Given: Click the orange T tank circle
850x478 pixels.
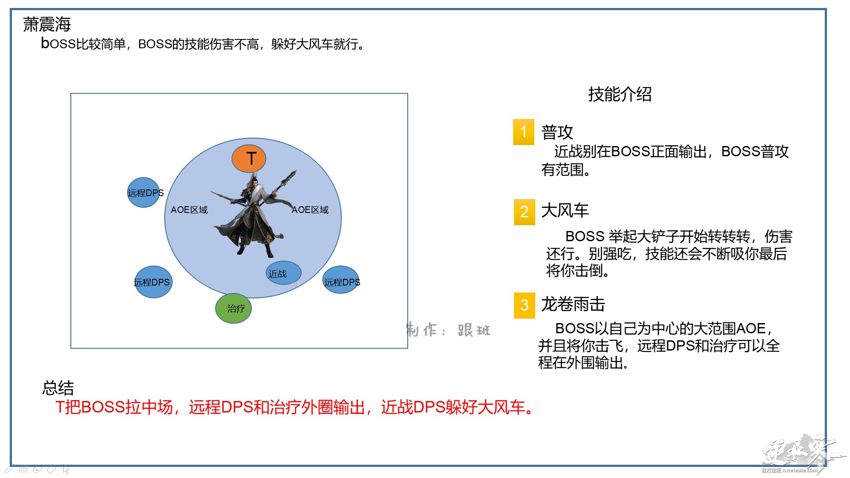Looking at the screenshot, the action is point(249,158).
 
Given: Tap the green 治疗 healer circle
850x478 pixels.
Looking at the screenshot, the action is point(233,308).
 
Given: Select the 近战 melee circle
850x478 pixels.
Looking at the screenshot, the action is point(283,273).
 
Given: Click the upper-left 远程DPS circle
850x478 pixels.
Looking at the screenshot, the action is point(143,193).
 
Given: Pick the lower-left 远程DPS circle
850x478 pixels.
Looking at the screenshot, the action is point(153,282).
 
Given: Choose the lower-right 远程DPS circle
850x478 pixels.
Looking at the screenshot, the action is point(341,280).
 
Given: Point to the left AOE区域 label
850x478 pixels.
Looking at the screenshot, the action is point(189,210).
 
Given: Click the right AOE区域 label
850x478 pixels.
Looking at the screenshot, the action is point(310,210).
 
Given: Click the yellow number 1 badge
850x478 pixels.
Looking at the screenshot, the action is point(524,132).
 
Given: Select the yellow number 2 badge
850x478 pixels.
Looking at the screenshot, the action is point(525,212).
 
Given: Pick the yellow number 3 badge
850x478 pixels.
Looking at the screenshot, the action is point(525,305).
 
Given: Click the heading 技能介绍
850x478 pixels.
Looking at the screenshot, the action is point(620,94).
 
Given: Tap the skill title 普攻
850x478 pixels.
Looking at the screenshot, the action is point(557,132).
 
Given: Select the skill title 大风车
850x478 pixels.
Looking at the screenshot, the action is point(565,210).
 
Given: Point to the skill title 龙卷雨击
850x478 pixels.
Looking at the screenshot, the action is point(573,304).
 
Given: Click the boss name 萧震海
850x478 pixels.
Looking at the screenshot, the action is point(47,24).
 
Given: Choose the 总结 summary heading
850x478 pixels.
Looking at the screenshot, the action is point(58,388).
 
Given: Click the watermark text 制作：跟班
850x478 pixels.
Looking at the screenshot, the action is point(448,330).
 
